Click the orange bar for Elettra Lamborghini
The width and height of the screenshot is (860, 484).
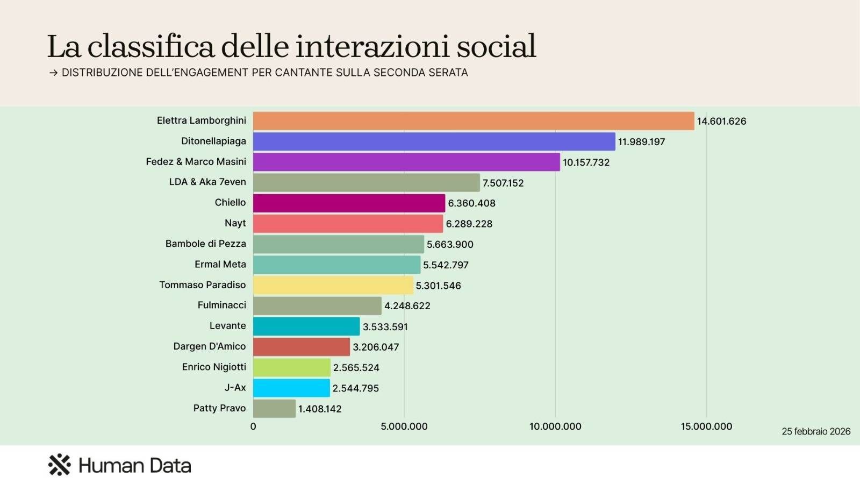coord(474,121)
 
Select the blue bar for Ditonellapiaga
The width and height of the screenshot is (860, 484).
coord(434,141)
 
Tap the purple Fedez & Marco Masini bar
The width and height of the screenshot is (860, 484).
coord(406,162)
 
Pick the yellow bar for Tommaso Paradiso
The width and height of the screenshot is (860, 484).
coord(333,285)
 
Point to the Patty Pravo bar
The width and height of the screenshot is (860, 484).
coord(274,409)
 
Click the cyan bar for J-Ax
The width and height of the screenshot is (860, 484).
coord(291,388)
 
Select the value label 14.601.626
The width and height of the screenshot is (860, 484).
coord(721,122)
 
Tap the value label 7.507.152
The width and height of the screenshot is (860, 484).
coord(503,183)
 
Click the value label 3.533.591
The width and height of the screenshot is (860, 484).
coord(385,327)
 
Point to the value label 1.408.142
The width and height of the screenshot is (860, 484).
coord(320,409)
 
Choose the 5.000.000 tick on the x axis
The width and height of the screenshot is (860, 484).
coord(404,426)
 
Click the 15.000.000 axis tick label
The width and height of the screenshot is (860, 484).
coord(706,426)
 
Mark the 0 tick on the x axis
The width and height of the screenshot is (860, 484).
coord(253,426)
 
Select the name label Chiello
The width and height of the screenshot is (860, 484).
coord(230,203)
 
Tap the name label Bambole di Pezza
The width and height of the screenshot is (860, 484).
coord(205,244)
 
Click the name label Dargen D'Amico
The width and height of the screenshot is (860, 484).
coord(209,346)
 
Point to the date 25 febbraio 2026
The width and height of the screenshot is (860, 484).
coord(816,431)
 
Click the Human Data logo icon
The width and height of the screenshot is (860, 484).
coord(59,465)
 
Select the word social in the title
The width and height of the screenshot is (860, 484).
coord(496,46)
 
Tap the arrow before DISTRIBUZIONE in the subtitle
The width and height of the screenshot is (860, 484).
coord(53,73)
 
